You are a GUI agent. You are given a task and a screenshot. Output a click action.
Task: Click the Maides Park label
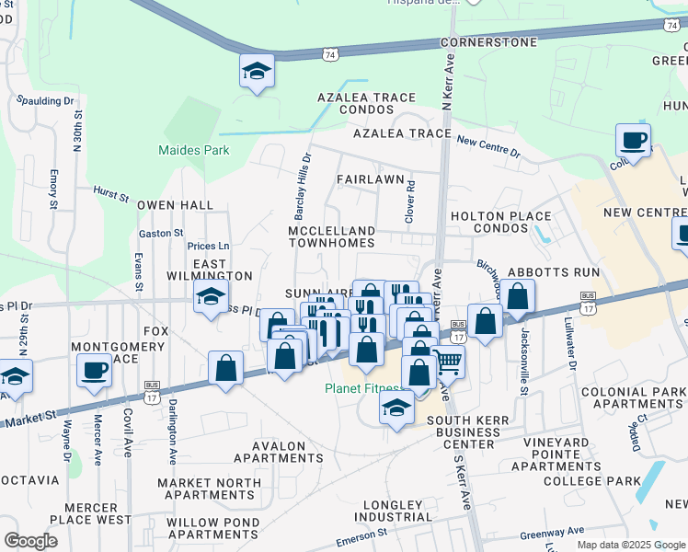click(x=193, y=150)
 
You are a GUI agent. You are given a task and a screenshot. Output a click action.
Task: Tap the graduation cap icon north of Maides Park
click(x=258, y=71)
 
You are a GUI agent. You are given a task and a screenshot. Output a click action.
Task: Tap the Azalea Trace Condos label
click(x=368, y=104)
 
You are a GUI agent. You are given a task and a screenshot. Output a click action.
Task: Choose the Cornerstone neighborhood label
click(x=488, y=42)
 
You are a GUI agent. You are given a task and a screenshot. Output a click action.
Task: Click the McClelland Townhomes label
click(x=332, y=236)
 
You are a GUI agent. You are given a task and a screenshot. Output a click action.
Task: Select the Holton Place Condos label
click(x=500, y=223)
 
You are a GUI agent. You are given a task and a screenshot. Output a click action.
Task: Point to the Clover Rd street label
click(x=410, y=199)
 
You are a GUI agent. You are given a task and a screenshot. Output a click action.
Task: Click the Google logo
click(x=30, y=541)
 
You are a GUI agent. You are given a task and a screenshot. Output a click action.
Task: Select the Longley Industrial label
click(x=391, y=512)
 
